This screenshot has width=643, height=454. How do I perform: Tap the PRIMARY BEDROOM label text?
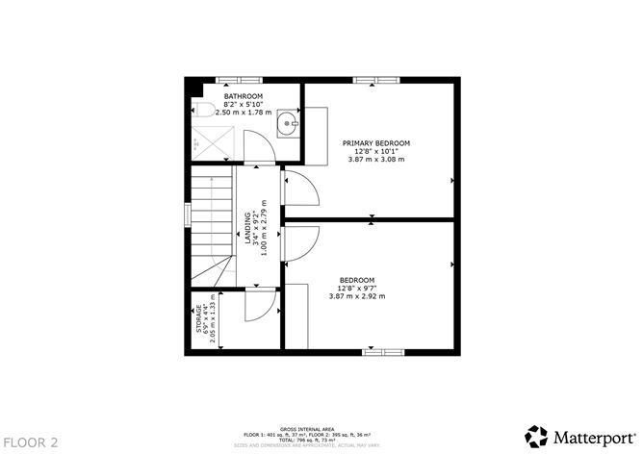(x=375, y=143)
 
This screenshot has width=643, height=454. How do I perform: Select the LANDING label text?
(x=248, y=229)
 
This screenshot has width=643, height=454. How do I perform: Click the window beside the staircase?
(x=188, y=214)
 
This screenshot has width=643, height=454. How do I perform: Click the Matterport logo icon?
(x=535, y=434)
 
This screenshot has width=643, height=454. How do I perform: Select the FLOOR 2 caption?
(x=31, y=441)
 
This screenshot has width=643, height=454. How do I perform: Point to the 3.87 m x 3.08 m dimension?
(x=375, y=159)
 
